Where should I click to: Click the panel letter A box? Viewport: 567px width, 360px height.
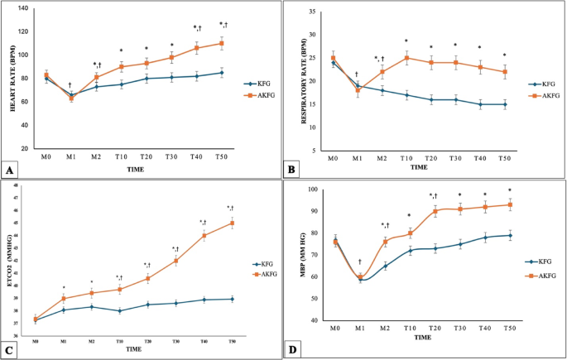[10, 170]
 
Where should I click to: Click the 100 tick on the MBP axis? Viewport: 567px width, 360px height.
[314, 190]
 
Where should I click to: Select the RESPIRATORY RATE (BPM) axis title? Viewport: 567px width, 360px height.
[292, 81]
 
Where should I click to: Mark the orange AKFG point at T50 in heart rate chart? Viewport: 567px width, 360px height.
[221, 43]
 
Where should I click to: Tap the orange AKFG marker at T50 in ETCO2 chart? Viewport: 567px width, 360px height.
[232, 223]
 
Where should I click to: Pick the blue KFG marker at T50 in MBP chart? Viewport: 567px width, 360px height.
[510, 235]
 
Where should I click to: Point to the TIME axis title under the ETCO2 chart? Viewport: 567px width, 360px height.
[134, 350]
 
